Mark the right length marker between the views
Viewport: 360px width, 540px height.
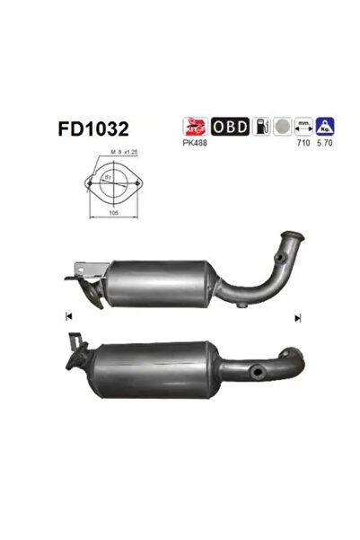296,317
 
